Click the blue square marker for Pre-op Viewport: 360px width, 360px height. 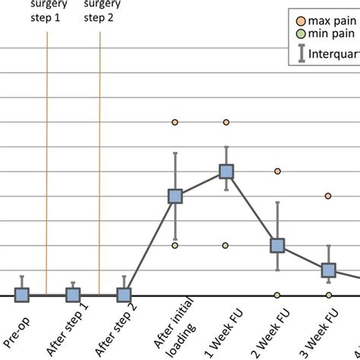pos(22,295)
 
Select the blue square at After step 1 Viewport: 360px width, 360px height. pos(73,295)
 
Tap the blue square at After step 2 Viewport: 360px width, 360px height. pos(124,295)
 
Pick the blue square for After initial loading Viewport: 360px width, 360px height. pos(175,197)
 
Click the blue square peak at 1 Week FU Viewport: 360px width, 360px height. pos(226,172)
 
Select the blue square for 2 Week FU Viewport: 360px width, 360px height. pos(277,245)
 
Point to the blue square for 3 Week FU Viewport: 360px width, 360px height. pos(328,270)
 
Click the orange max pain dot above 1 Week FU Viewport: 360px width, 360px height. pos(226,122)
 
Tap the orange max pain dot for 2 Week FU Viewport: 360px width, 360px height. pos(277,172)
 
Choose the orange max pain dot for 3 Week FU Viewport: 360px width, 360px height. pos(328,196)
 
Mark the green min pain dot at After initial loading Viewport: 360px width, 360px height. pos(175,245)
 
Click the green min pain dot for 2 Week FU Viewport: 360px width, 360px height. pos(277,295)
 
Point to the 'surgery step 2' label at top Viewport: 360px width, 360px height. pos(100,11)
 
